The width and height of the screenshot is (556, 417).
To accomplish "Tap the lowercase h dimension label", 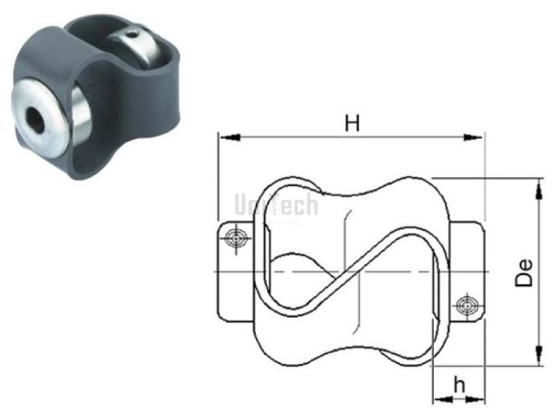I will pos(457,384).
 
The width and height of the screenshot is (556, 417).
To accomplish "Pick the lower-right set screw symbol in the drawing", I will pos(466,304).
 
